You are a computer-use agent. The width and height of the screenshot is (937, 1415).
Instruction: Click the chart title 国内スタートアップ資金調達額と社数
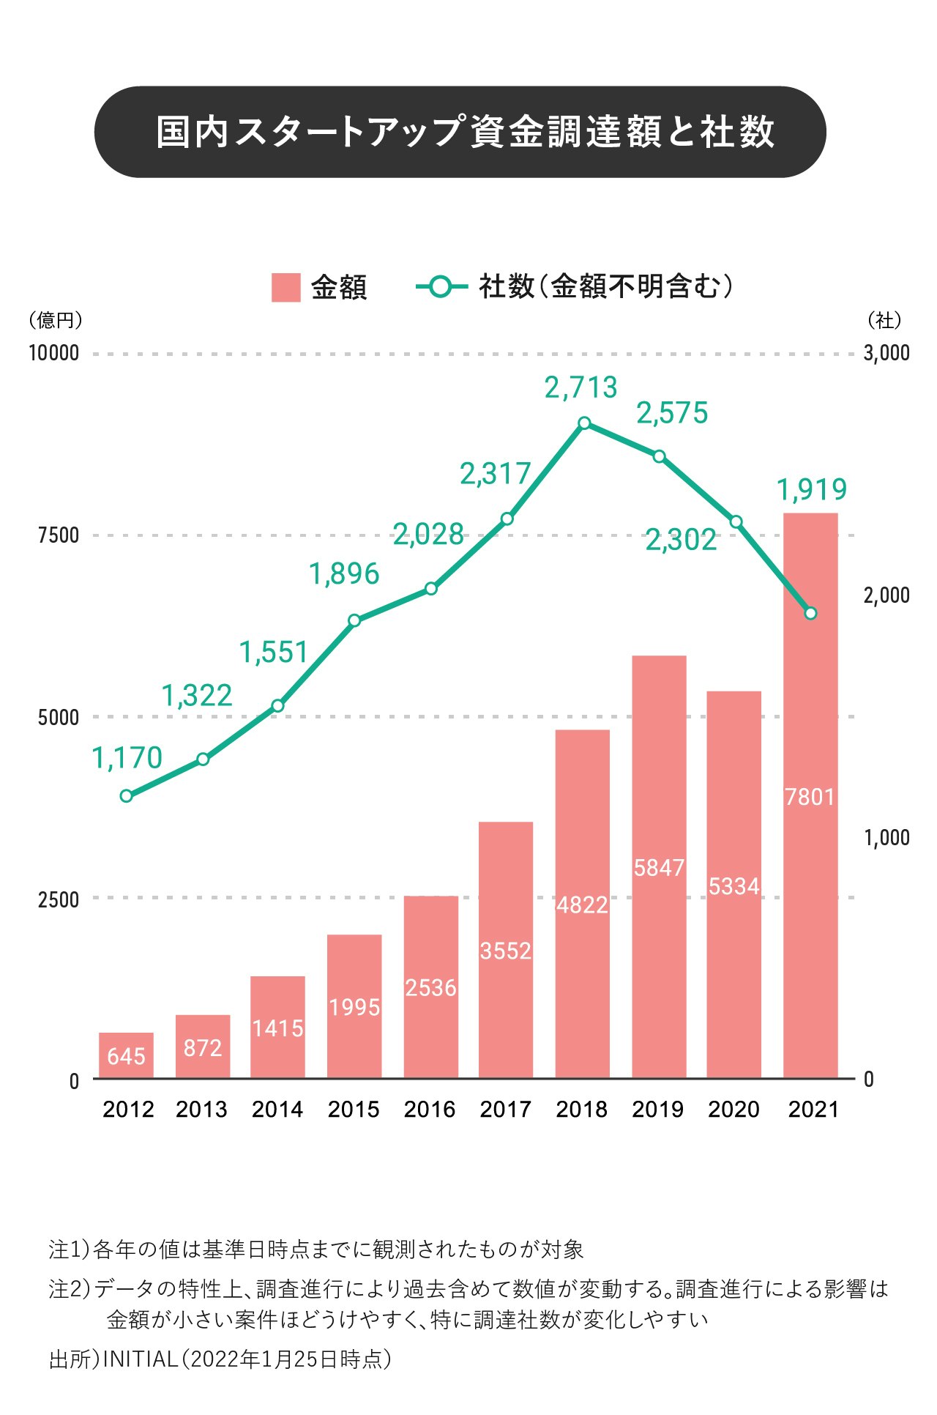click(466, 133)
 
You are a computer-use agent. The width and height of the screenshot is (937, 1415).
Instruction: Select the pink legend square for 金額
click(285, 288)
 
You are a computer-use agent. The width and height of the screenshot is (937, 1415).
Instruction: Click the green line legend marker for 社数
click(441, 287)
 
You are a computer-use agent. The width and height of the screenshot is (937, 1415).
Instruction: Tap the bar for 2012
click(126, 1055)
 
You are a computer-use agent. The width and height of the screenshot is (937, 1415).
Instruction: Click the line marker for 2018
click(584, 423)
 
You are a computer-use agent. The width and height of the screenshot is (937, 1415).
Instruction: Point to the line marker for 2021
click(810, 614)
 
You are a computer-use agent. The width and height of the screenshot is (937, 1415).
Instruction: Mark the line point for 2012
click(126, 796)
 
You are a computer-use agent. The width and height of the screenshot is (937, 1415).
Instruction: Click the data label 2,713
click(581, 388)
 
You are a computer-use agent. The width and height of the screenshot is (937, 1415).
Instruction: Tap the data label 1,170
click(127, 758)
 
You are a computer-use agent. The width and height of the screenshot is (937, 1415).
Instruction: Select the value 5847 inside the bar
click(659, 868)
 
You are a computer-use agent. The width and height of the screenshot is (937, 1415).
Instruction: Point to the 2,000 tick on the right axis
click(886, 595)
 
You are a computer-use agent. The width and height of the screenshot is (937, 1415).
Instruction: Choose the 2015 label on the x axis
click(354, 1110)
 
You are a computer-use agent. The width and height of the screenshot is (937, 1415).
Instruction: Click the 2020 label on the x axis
click(733, 1110)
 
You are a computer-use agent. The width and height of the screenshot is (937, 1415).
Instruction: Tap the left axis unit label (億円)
click(56, 320)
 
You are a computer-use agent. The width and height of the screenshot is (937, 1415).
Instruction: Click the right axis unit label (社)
click(884, 320)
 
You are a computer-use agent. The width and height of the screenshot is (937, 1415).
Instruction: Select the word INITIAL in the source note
click(140, 1359)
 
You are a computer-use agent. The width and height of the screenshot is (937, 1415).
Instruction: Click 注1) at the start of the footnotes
click(69, 1249)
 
